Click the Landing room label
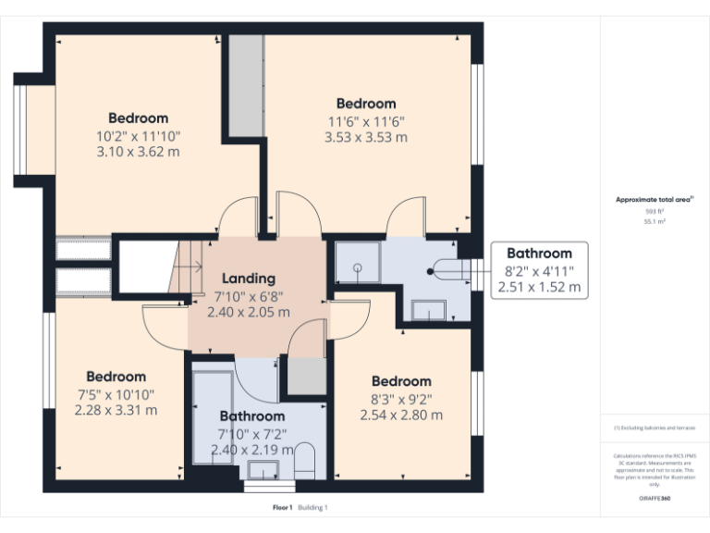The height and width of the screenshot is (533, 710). tap(248, 279)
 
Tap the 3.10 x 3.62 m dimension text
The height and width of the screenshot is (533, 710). tap(138, 152)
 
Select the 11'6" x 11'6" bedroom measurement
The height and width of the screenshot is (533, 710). tap(365, 121)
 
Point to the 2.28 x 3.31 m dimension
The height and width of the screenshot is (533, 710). tap(116, 410)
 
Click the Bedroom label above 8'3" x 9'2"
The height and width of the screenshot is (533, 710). tap(401, 381)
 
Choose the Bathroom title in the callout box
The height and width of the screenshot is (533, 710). tap(539, 254)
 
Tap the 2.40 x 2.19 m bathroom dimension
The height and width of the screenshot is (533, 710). tap(251, 450)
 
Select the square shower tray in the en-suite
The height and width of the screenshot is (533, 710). tap(356, 262)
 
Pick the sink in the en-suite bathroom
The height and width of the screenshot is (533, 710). tap(428, 310)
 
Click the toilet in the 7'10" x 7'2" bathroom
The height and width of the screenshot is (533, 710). tap(304, 461)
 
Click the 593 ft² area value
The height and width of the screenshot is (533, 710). tap(655, 212)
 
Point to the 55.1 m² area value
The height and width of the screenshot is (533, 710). tap(655, 222)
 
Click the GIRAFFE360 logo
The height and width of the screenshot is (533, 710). tap(655, 499)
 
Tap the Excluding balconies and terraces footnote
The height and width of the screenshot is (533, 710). tap(655, 428)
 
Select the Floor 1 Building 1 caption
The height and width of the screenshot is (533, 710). tap(300, 507)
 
